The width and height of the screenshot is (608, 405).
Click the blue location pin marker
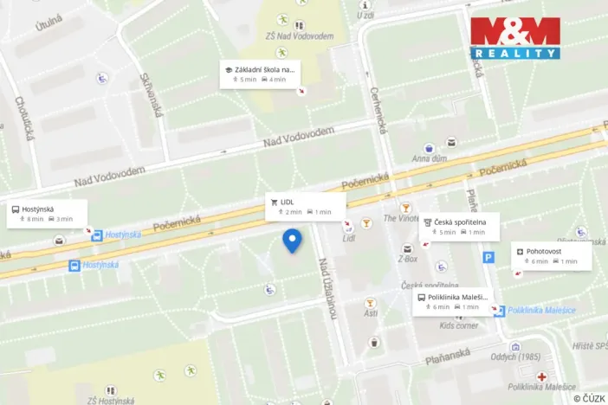click(x=293, y=240)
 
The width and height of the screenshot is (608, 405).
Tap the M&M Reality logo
click(x=515, y=37)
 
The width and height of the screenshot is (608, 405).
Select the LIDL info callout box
click(x=306, y=206)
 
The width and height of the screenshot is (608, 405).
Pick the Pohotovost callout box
click(x=551, y=255)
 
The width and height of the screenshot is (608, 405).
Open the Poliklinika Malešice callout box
click(x=451, y=301)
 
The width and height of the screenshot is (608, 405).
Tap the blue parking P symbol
click(x=488, y=257)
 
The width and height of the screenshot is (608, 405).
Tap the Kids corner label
click(x=458, y=325)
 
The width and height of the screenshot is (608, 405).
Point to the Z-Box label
click(x=407, y=258)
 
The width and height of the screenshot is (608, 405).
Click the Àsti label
click(x=371, y=313)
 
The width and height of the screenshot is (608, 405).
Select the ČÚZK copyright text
click(x=588, y=397)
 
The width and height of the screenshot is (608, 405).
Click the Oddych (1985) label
click(x=515, y=357)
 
